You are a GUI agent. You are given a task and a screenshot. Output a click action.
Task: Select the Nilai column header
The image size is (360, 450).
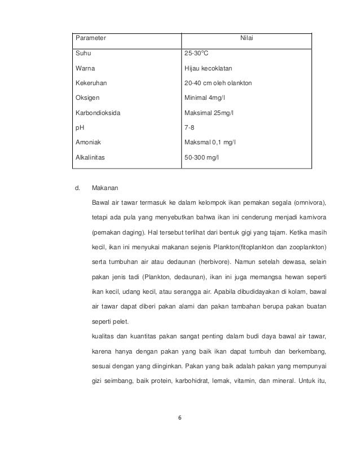click(x=246, y=39)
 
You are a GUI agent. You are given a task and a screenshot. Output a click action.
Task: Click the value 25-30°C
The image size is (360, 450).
click(x=197, y=55)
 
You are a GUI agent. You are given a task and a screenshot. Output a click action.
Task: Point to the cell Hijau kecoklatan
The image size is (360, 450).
click(x=209, y=69)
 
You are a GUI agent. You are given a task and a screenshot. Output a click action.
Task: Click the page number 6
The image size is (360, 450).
click(x=180, y=418)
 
